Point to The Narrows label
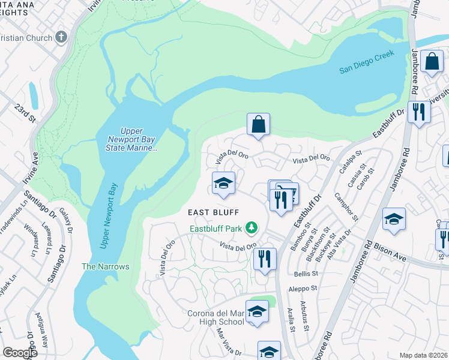(105, 266)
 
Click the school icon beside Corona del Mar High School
(257, 312)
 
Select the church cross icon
(60, 37)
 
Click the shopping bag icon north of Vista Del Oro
(258, 125)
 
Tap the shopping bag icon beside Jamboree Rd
(432, 61)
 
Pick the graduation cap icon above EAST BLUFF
(223, 184)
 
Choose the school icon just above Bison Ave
(394, 220)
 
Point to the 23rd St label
(25, 112)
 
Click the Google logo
(20, 353)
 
